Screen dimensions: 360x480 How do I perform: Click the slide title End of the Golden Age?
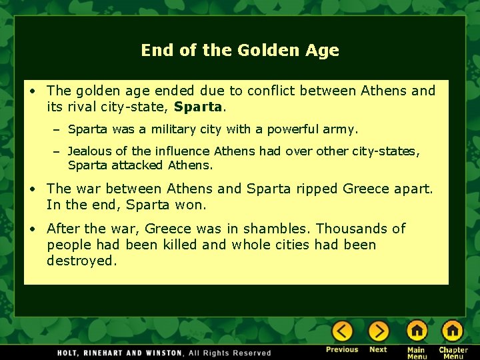pos(240,50)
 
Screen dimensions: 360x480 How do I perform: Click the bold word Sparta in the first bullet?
pos(197,106)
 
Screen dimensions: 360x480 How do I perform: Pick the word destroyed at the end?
pos(81,261)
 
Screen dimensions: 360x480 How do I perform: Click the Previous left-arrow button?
pos(342,331)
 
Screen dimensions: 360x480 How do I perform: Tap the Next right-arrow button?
pos(378,331)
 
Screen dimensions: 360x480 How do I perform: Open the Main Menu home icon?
pos(417,331)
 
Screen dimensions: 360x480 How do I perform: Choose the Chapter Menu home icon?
pos(453,331)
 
